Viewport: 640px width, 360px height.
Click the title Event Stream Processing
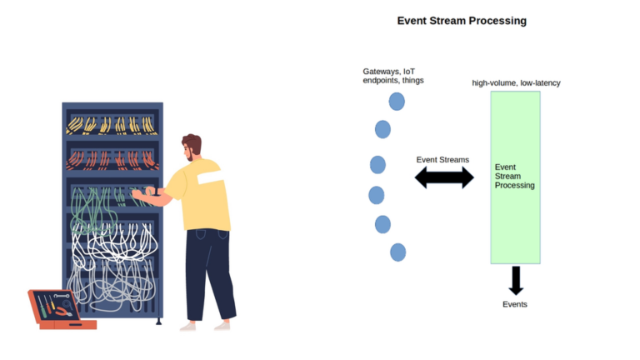(462, 21)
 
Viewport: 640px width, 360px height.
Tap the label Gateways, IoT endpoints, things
(393, 76)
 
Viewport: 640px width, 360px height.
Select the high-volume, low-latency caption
(516, 82)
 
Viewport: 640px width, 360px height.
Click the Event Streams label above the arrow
(442, 160)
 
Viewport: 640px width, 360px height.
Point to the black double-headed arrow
(444, 177)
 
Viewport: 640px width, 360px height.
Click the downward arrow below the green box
(516, 280)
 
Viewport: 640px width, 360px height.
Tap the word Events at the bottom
(515, 304)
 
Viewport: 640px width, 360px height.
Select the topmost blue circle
(397, 101)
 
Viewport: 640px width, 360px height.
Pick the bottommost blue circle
(398, 252)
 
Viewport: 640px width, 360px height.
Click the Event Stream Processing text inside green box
(514, 176)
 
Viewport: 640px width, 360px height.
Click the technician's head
(192, 147)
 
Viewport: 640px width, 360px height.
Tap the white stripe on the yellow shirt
(211, 177)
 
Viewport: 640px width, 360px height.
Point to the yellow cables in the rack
(112, 125)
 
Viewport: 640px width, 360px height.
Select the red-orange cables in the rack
(112, 160)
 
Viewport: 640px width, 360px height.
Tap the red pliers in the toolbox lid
(63, 312)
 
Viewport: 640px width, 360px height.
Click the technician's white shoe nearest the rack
(188, 326)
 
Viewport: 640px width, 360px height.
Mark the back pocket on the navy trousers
(200, 234)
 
